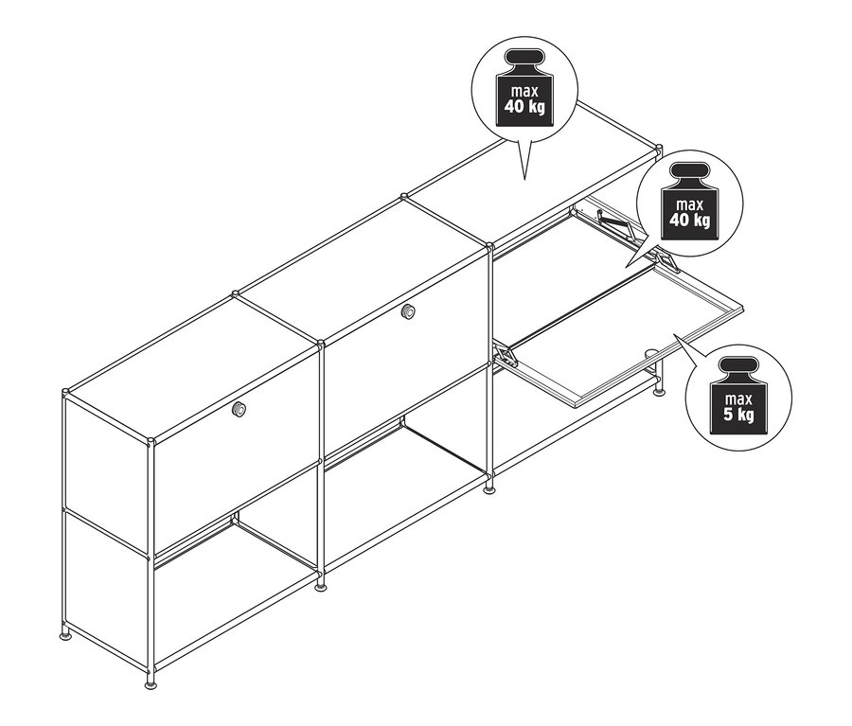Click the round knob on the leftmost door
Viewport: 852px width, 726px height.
click(x=240, y=409)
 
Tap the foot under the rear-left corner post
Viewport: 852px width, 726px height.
click(x=65, y=631)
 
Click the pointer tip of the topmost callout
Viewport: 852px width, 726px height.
click(x=524, y=177)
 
